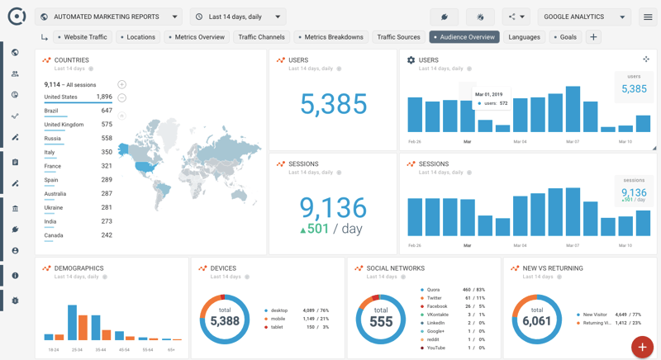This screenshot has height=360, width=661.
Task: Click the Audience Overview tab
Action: coord(464,37)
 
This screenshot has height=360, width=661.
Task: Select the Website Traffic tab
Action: coord(83,37)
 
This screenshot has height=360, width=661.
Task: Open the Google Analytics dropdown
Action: coord(584,17)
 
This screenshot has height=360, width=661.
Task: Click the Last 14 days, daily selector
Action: coord(238,17)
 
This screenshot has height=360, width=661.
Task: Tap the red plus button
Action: coord(641,347)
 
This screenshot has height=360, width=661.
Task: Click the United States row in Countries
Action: coord(78,97)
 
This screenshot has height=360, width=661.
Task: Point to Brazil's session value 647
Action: coord(106,111)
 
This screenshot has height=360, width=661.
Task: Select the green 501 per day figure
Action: coord(314,229)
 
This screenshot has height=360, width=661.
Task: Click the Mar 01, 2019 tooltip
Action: coord(492,99)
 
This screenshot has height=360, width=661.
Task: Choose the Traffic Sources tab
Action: coord(398,37)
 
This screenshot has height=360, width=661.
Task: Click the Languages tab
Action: coord(524,37)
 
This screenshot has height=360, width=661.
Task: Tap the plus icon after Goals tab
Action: coord(593,37)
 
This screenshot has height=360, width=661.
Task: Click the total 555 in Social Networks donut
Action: coord(381,320)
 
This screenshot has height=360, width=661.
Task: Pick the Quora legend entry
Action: coord(433,290)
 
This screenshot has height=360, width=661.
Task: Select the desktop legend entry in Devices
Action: coord(279,310)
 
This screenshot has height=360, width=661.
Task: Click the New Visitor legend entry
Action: coord(594,315)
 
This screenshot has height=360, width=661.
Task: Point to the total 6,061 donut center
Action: coord(536,320)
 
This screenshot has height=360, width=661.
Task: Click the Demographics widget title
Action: coord(78,268)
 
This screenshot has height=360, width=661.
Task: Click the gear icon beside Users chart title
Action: coord(411,60)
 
